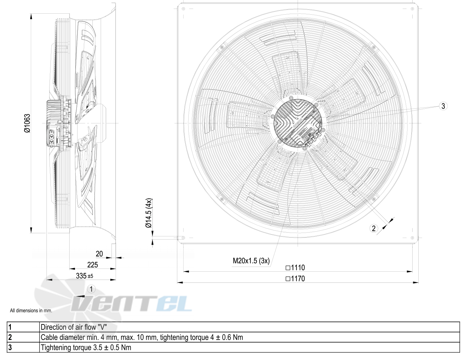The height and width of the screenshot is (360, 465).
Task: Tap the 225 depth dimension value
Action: point(92,265)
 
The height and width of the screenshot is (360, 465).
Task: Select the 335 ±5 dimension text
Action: point(84,276)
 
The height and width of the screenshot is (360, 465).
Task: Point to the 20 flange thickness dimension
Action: point(99,254)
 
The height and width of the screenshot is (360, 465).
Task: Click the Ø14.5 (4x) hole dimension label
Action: point(149,213)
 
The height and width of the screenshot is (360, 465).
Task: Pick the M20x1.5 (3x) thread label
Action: point(251,261)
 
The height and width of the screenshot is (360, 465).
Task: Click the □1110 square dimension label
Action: point(295,268)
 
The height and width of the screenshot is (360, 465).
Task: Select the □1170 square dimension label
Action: point(295,279)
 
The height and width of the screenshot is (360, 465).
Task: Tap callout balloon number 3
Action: point(443,106)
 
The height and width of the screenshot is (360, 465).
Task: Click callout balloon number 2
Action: point(374,228)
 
